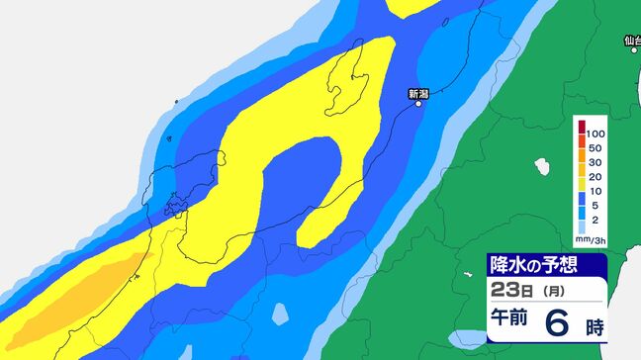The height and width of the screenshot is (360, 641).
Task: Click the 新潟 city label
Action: (418, 93)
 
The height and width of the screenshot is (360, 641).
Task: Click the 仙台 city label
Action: (632, 41)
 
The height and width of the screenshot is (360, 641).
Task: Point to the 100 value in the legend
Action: (595, 133)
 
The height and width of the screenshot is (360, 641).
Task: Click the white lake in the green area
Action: (541, 166)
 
